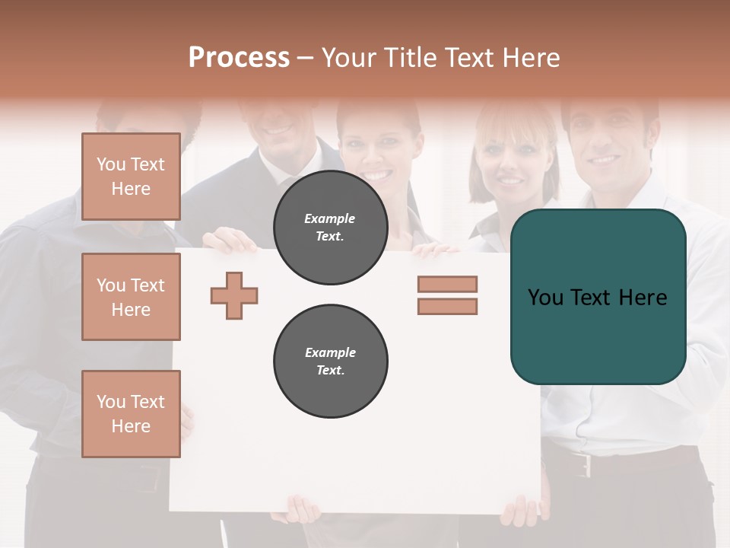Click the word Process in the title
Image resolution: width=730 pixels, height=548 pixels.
239,58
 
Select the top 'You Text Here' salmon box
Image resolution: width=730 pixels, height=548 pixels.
131,177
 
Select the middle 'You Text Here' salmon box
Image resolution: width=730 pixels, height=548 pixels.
131,297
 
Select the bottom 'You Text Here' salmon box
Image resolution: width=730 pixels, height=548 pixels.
131,414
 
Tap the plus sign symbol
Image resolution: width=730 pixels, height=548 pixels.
234,295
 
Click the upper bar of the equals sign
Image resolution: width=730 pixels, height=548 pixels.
447,285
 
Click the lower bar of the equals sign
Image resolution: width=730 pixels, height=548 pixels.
447,307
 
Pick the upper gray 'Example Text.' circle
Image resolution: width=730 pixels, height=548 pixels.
330,228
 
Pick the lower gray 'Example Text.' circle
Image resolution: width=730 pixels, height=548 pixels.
330,362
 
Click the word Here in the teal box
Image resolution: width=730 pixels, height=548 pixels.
643,298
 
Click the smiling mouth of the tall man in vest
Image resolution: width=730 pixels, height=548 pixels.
278,129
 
